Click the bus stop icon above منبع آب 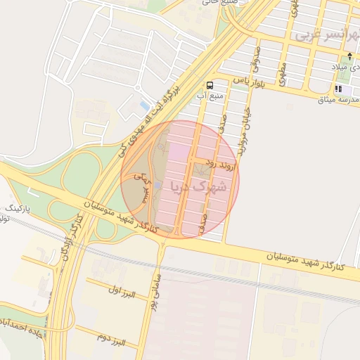point(210,83)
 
